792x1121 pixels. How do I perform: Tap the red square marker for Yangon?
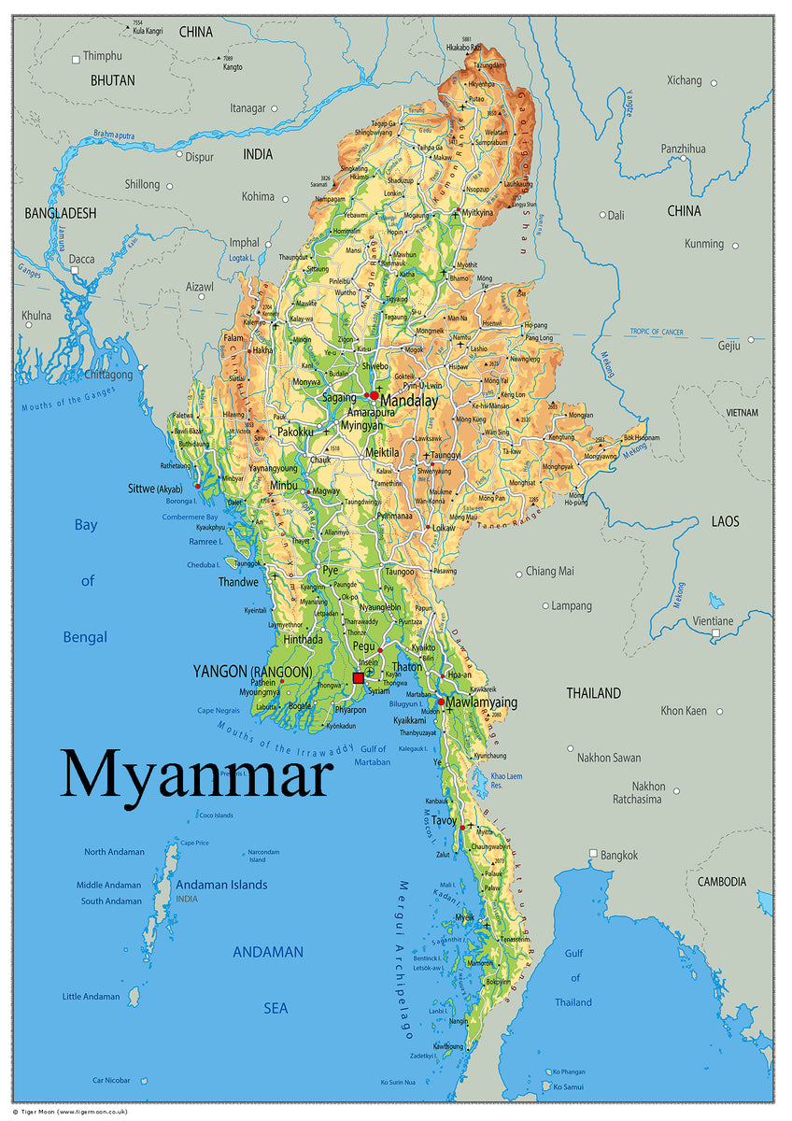pos(359,678)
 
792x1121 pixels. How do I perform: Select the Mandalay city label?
pos(409,401)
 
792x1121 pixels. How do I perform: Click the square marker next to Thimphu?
pos(77,60)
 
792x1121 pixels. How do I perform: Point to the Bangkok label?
pos(619,855)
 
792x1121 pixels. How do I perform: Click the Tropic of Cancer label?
pos(657,332)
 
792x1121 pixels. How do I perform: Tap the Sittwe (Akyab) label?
pos(155,489)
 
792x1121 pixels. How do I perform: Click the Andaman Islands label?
pos(222,885)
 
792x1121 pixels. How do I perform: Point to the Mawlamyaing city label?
pos(481,702)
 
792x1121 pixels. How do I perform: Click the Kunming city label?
pos(703,244)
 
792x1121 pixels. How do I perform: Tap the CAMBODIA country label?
pos(722,882)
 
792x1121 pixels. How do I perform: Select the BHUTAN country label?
pos(112,80)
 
